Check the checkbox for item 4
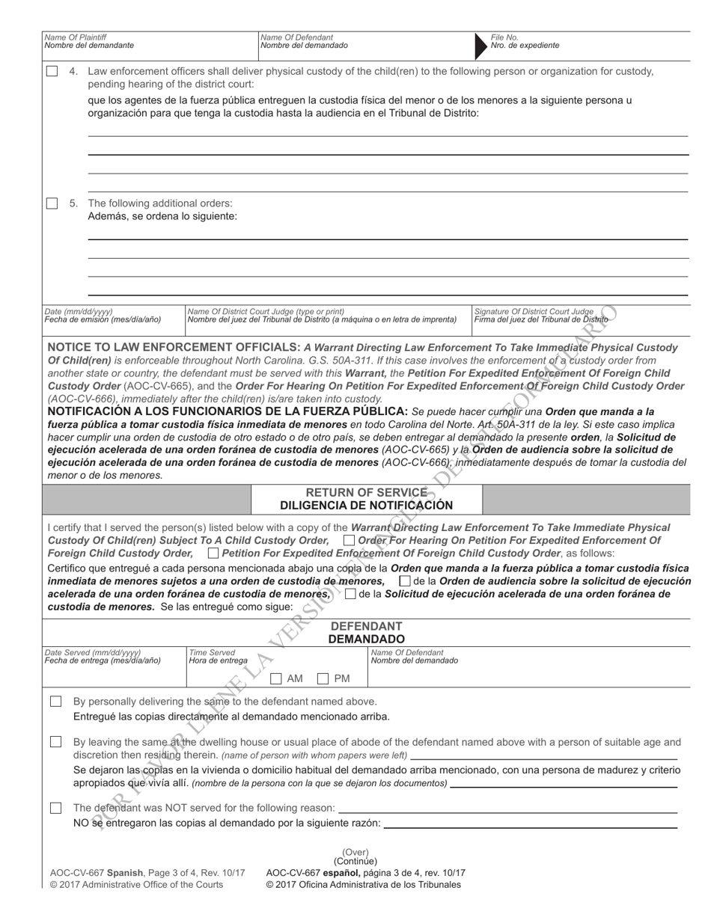(52, 72)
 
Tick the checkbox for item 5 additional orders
(52, 203)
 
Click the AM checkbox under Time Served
(276, 678)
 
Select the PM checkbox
(323, 678)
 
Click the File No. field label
(504, 37)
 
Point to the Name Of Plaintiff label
(75, 37)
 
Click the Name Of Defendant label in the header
(296, 37)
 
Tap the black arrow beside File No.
(479, 46)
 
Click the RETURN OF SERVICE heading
(366, 492)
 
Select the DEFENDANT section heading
(366, 626)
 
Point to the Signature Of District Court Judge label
(534, 311)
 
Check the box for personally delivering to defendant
(56, 702)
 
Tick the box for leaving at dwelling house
(56, 742)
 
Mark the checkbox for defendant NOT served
(56, 808)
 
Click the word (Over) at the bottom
(355, 852)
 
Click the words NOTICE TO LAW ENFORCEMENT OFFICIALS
(174, 348)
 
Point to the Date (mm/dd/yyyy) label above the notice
(79, 311)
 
